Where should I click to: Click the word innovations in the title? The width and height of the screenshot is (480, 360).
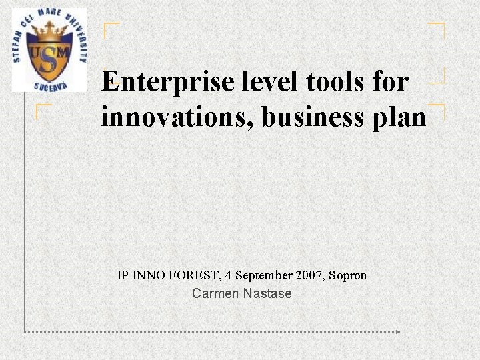pyautogui.click(x=177, y=117)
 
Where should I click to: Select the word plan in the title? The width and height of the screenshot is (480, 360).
pyautogui.click(x=399, y=118)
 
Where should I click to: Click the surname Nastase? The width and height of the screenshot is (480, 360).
pyautogui.click(x=267, y=293)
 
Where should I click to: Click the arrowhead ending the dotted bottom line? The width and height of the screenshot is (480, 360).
pyautogui.click(x=398, y=331)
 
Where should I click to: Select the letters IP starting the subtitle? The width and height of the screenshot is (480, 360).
pyautogui.click(x=122, y=275)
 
